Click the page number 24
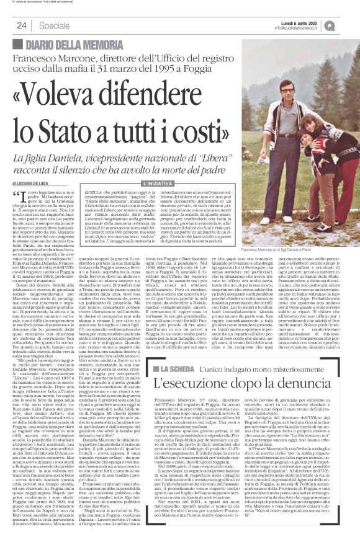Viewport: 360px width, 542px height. click(x=21, y=25)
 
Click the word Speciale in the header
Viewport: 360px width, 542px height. click(x=53, y=25)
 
